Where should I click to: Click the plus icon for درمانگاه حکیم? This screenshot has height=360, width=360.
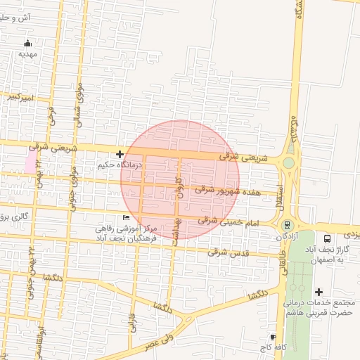[x=120, y=154]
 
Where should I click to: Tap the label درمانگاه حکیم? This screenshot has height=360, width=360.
[x=120, y=165]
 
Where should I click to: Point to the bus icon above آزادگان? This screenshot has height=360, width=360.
[x=287, y=225]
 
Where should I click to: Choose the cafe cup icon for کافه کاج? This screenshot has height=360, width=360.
[x=273, y=337]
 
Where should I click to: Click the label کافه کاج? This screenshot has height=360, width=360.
[x=273, y=349]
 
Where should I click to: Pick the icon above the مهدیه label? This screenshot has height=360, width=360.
[x=27, y=44]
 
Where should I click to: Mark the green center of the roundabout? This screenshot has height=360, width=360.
[x=288, y=164]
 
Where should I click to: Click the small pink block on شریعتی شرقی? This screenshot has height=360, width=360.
[x=30, y=161]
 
